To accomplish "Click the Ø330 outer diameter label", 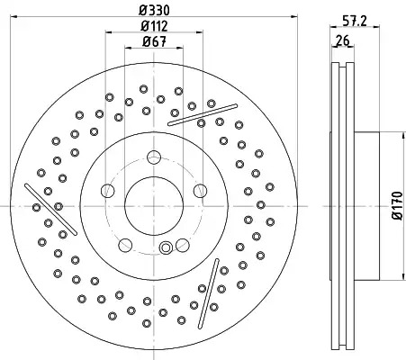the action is click(154, 10).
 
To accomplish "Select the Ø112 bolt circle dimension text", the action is click(154, 26).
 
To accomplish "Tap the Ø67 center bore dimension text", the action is click(154, 41).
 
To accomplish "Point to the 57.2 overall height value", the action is click(355, 21).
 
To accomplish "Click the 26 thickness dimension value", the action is click(342, 40).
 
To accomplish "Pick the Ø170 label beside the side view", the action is click(398, 205).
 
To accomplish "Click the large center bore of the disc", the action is click(154, 206).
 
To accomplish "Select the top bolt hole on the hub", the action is click(154, 157).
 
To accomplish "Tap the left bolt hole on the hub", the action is click(108, 191).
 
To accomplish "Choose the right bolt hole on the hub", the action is click(200, 191).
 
